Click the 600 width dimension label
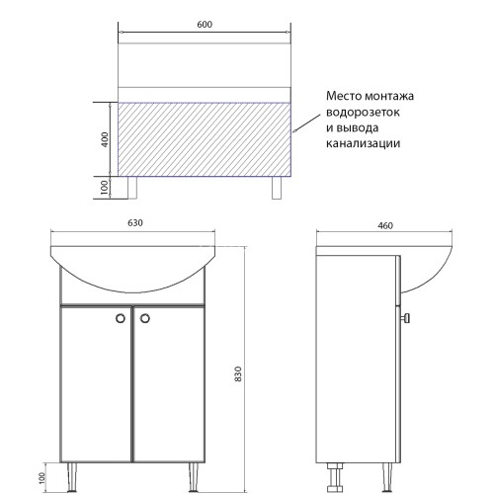[x=206, y=25]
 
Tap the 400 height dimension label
[x=105, y=138]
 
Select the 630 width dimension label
[x=134, y=224]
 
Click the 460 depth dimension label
[x=385, y=225]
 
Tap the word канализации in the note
[x=361, y=144]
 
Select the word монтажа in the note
[x=390, y=97]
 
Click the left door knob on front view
[x=122, y=318]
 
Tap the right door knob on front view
[x=144, y=318]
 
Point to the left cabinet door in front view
[x=96, y=385]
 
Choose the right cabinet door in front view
[x=169, y=385]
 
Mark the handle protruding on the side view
[x=406, y=318]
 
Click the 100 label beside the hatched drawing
[x=105, y=188]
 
